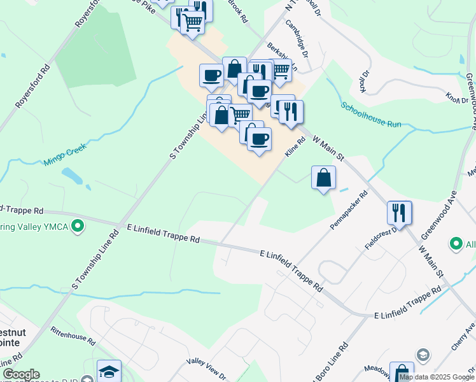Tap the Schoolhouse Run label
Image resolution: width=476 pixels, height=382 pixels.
[x=371, y=115]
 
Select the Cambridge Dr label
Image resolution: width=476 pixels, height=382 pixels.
[x=297, y=38]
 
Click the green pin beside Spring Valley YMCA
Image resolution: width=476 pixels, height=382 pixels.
[x=78, y=226]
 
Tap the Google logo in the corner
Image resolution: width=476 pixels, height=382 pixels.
[x=20, y=374]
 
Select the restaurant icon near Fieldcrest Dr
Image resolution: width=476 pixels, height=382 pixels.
[x=400, y=212]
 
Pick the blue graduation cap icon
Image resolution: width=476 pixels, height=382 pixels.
[x=109, y=371]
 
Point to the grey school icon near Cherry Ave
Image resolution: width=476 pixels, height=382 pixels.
[x=423, y=354]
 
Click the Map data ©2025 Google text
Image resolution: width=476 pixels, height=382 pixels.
[x=437, y=377]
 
